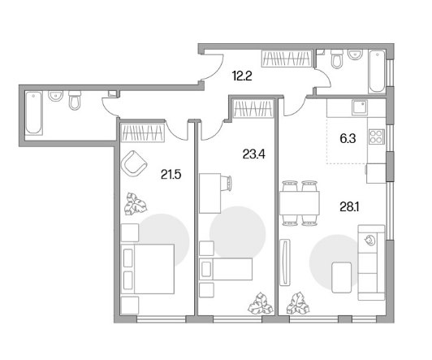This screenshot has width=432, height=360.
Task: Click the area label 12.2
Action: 242,76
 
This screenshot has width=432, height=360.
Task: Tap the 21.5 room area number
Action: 171,175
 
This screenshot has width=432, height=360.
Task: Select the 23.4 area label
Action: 253,154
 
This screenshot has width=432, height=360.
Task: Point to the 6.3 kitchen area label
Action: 348,139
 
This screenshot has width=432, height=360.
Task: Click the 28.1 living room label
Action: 349,206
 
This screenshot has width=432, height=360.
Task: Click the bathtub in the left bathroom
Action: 34,113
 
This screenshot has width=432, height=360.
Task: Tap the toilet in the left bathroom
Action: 75,100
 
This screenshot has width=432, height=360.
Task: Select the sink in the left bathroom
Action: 56,96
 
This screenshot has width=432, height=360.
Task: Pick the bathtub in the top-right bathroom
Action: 377,72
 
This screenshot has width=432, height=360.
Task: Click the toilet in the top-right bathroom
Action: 337,59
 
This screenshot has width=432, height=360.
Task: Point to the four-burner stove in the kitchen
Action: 376,137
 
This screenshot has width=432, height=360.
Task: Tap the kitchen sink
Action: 360,108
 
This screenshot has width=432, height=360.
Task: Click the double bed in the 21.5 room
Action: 148,269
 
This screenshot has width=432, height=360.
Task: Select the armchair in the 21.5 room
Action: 134,163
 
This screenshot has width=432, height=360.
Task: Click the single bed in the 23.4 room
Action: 226,269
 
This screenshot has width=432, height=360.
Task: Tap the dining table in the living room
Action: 300,203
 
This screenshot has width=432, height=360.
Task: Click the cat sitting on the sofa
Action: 369,240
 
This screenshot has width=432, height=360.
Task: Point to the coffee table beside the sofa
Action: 342,278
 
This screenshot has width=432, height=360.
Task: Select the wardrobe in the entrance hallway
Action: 287,59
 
